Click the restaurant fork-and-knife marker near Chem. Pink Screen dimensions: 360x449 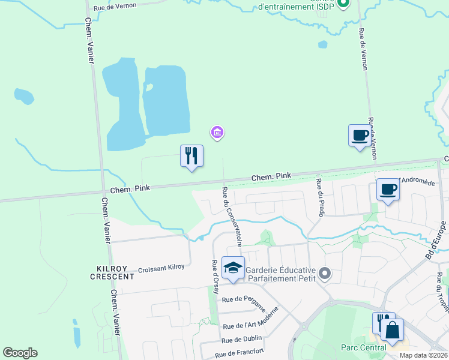click(x=191, y=156)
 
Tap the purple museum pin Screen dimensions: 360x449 click(x=217, y=132)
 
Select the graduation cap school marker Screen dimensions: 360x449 click(x=233, y=268)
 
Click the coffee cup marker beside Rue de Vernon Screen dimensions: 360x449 click(x=360, y=136)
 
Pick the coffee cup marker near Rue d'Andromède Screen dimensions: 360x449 click(x=388, y=190)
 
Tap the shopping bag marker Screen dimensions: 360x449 click(x=392, y=331)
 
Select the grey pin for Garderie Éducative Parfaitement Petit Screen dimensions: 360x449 click(x=325, y=274)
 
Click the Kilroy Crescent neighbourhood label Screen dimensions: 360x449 click(x=112, y=272)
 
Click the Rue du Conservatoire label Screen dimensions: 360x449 click(x=232, y=217)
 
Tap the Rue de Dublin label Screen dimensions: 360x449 click(x=242, y=340)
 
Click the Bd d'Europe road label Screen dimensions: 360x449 click(x=437, y=239)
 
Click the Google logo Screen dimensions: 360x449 click(x=20, y=353)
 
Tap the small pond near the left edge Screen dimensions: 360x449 click(x=23, y=95)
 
